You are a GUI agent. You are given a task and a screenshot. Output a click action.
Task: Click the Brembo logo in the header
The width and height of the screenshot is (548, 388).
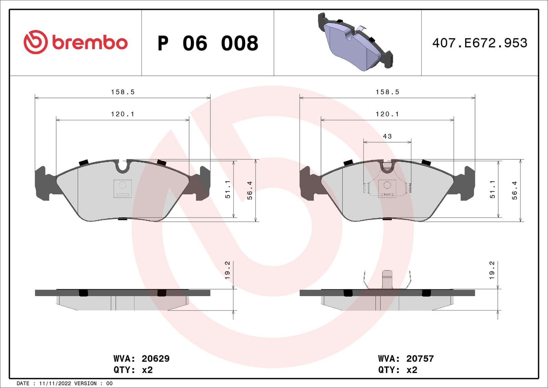coord(75,42)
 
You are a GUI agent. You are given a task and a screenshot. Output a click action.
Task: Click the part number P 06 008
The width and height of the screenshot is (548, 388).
coord(208,43)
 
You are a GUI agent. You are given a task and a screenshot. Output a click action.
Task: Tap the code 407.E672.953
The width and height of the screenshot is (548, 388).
coord(480,43)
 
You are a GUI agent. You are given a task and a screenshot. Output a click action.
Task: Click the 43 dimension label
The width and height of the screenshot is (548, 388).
coord(387,136)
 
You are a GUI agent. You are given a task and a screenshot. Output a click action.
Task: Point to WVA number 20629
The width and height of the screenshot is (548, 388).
coord(155,359)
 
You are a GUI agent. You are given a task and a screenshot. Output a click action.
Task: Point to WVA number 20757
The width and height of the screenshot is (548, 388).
coord(420,359)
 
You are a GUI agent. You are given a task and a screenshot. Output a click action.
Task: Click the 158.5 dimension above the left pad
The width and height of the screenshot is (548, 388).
coord(123,92)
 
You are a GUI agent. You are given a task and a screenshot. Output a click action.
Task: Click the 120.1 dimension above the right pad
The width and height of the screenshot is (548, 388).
coord(387,114)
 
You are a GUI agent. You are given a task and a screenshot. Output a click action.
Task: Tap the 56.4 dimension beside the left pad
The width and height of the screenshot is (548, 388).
coord(250,190)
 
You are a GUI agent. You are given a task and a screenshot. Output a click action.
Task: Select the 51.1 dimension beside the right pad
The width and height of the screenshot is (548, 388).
coord(493,189)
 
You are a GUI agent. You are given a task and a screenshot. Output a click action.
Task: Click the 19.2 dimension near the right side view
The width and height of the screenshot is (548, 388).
coord(492,270)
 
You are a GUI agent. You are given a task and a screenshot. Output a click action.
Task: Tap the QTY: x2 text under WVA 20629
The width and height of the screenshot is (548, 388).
coord(133,370)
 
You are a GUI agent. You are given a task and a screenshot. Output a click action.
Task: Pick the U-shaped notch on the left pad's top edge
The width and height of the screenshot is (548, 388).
coord(123,166)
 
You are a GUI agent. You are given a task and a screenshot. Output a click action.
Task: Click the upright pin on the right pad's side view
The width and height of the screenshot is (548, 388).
coord(387,279)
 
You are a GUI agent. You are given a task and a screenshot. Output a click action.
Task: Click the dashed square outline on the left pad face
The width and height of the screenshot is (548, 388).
coord(122,189)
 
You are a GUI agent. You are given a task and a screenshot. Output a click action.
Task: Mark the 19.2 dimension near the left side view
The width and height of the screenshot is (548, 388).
coord(227,270)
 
